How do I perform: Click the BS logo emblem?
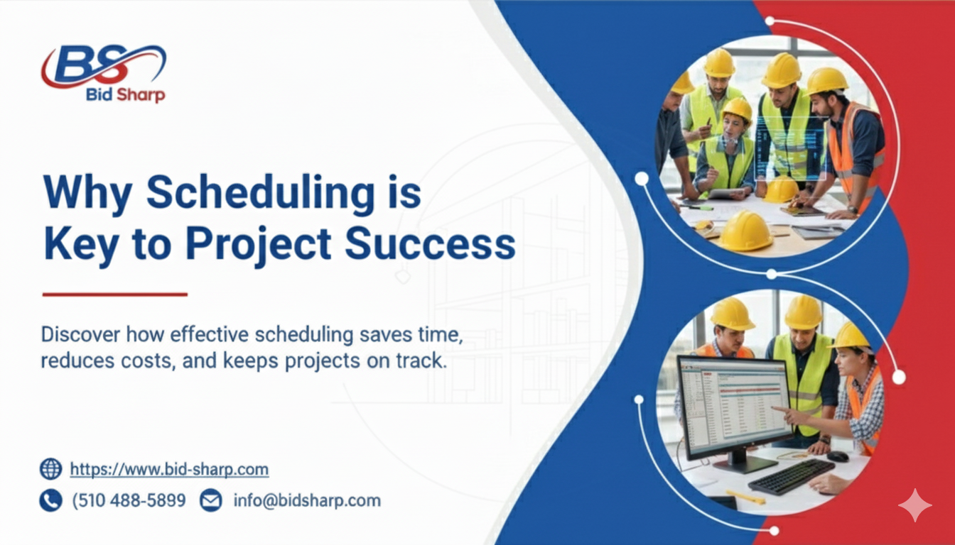(103, 66)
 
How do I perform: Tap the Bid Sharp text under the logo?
(126, 95)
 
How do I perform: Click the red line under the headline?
(115, 294)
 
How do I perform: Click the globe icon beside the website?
(50, 468)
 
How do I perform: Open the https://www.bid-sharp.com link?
(169, 469)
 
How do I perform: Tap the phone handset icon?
(50, 500)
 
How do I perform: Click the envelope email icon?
(210, 500)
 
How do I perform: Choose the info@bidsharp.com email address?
(307, 500)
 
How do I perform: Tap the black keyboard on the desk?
(790, 477)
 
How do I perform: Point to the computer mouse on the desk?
(838, 456)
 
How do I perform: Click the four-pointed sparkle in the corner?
(914, 505)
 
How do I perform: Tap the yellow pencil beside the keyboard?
(743, 497)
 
